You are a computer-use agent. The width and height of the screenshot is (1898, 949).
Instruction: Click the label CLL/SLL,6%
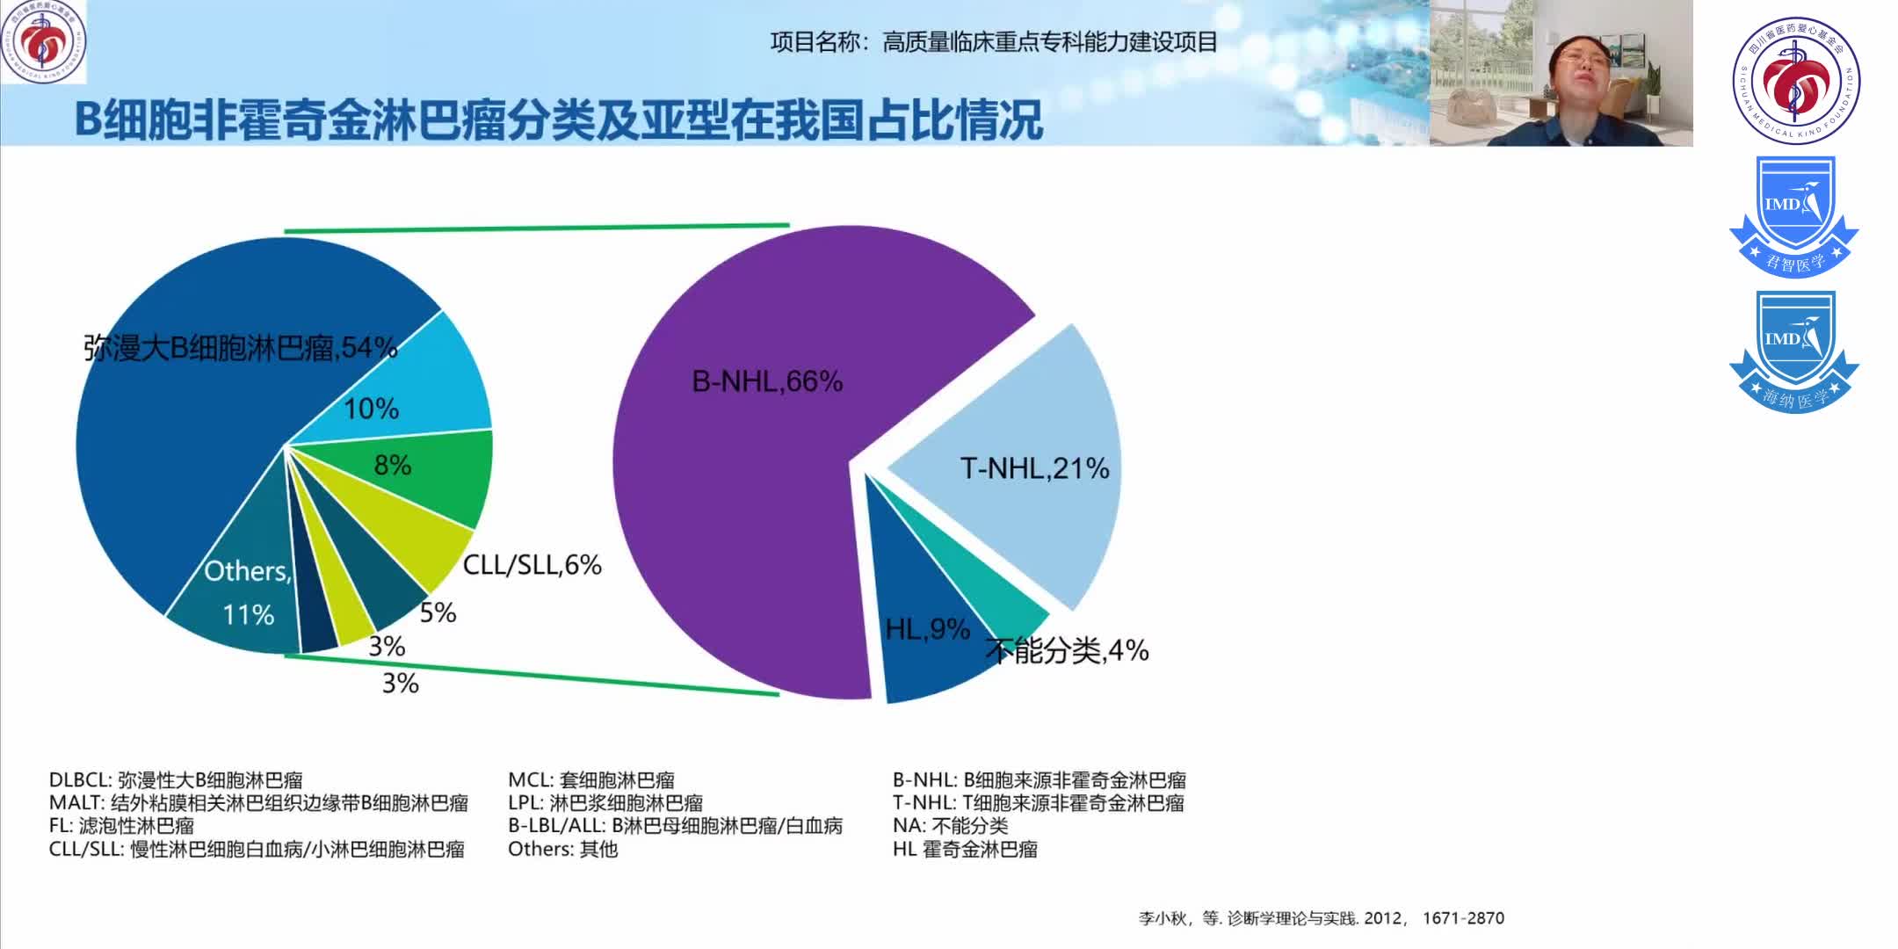pos(532,565)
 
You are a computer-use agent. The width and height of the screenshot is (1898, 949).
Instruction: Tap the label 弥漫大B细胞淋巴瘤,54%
pos(240,348)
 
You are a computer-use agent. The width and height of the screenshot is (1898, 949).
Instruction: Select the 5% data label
pos(438,612)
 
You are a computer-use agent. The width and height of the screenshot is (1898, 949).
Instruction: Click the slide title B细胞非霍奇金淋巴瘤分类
pos(559,120)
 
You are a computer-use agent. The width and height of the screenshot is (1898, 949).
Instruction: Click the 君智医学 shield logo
pos(1794,216)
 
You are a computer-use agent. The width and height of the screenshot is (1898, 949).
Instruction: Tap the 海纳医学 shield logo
pos(1794,351)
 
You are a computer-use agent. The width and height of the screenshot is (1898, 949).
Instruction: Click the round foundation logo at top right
pos(1796,80)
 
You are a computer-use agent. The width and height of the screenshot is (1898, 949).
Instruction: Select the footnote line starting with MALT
pos(258,802)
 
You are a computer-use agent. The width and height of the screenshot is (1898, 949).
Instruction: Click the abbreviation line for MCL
pos(591,779)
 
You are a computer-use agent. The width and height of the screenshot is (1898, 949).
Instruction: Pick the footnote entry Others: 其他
pos(562,849)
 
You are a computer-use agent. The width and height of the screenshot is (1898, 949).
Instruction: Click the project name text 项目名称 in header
pos(994,42)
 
